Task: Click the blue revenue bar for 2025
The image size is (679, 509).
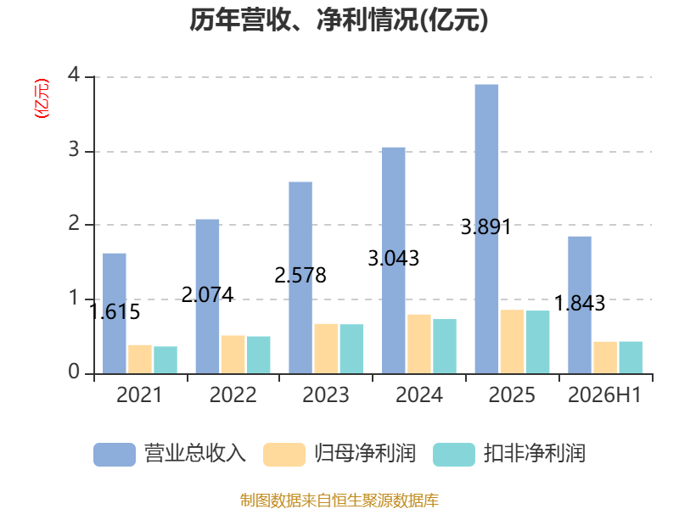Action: tap(486, 229)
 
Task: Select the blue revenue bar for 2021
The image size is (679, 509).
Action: tap(115, 313)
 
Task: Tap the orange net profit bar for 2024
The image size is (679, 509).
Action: tap(418, 344)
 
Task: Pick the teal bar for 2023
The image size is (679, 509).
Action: tap(351, 349)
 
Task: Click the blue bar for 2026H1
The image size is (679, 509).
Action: tap(580, 305)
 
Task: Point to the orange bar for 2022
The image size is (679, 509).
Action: tap(233, 355)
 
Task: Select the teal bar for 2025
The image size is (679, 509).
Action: tap(538, 342)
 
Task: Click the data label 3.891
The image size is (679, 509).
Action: tap(485, 227)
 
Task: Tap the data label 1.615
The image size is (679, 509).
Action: tap(115, 311)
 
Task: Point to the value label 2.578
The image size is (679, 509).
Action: tap(300, 275)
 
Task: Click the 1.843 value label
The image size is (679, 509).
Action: tap(580, 303)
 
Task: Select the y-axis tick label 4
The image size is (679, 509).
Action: tap(74, 76)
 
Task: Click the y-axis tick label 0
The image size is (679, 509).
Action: tap(74, 372)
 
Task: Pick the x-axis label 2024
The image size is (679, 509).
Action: tap(419, 394)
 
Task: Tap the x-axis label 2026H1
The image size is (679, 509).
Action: tap(604, 394)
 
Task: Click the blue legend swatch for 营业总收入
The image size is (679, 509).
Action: tap(115, 455)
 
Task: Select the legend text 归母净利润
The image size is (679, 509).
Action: tap(365, 454)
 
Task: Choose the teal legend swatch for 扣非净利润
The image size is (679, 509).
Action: tap(454, 455)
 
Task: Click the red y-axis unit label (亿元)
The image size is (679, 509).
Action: tap(42, 98)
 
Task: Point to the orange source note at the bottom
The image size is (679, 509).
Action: tap(339, 501)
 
